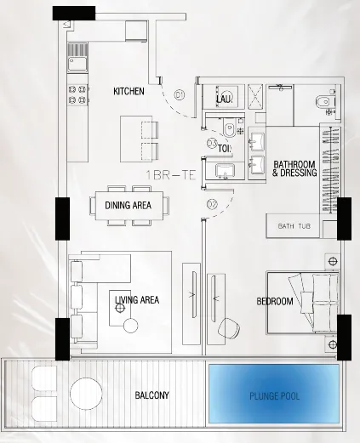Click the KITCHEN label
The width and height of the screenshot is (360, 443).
point(129,90)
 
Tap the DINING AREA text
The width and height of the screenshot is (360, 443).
point(129,205)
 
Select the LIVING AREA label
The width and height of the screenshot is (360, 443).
point(137,300)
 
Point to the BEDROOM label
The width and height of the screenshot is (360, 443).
point(275,302)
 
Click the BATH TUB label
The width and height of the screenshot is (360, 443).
point(294,227)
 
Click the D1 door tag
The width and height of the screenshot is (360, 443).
point(180,95)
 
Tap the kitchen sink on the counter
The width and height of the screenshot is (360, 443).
point(78,61)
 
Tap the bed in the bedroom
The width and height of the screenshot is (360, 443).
point(302,301)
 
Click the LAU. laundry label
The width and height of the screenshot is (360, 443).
point(224,99)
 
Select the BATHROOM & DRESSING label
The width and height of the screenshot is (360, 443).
point(294,168)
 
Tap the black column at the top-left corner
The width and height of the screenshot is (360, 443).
point(74,13)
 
